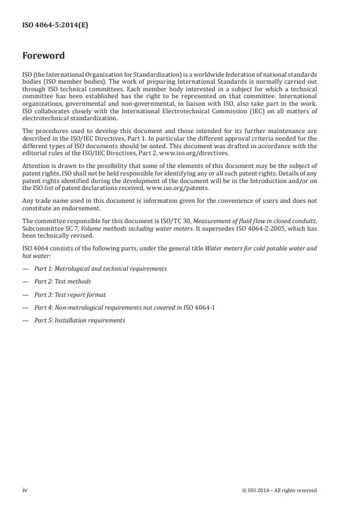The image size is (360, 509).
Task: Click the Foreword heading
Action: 43,56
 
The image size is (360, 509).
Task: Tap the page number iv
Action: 25,490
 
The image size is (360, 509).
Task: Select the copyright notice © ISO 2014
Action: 279,490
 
